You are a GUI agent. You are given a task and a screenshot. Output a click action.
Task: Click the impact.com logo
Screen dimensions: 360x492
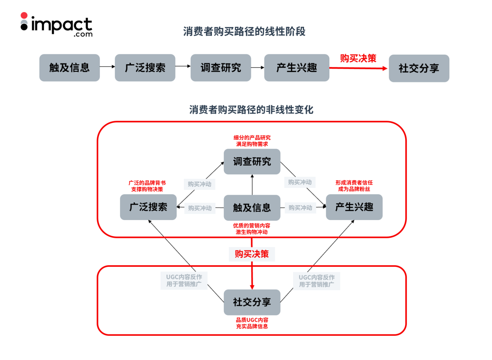57,25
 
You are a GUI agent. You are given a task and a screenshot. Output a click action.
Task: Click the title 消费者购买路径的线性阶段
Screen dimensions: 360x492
244,31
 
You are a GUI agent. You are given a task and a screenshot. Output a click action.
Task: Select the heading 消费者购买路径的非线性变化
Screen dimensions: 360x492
251,110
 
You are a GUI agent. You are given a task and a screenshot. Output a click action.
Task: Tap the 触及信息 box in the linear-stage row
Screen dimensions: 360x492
70,68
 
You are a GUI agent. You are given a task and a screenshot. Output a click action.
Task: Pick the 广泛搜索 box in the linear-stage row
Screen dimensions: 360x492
145,68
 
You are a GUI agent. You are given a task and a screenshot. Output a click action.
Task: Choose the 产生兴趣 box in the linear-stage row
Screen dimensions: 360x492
296,68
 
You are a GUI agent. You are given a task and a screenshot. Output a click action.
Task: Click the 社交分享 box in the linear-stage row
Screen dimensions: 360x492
419,68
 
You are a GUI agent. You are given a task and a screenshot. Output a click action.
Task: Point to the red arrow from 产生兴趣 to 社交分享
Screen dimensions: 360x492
358,68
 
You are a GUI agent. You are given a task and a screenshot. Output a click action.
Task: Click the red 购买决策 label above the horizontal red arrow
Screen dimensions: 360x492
358,58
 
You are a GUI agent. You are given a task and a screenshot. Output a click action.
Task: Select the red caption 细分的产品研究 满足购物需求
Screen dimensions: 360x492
252,141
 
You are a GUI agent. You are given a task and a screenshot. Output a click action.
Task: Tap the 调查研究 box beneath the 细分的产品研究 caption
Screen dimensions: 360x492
252,162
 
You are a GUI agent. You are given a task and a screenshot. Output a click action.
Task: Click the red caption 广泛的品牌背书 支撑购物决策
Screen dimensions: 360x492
147,186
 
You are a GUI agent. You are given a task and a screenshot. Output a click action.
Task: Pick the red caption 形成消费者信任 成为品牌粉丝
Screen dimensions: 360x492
354,186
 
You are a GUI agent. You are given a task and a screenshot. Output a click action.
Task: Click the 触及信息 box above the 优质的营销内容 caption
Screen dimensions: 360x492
252,207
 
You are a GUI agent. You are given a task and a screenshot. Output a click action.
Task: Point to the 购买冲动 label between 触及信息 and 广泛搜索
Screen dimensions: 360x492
200,208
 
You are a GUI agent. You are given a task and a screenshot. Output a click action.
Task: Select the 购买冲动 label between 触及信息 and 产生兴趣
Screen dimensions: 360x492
300,207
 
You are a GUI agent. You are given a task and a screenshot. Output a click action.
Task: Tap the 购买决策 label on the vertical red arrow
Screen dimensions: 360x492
252,254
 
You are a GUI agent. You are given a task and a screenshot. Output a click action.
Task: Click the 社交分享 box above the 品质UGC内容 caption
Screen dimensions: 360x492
252,302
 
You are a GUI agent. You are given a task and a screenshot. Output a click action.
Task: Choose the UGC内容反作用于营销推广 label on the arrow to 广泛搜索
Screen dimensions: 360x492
184,280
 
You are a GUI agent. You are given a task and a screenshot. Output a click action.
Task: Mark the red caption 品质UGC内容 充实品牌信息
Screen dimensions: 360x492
252,323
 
